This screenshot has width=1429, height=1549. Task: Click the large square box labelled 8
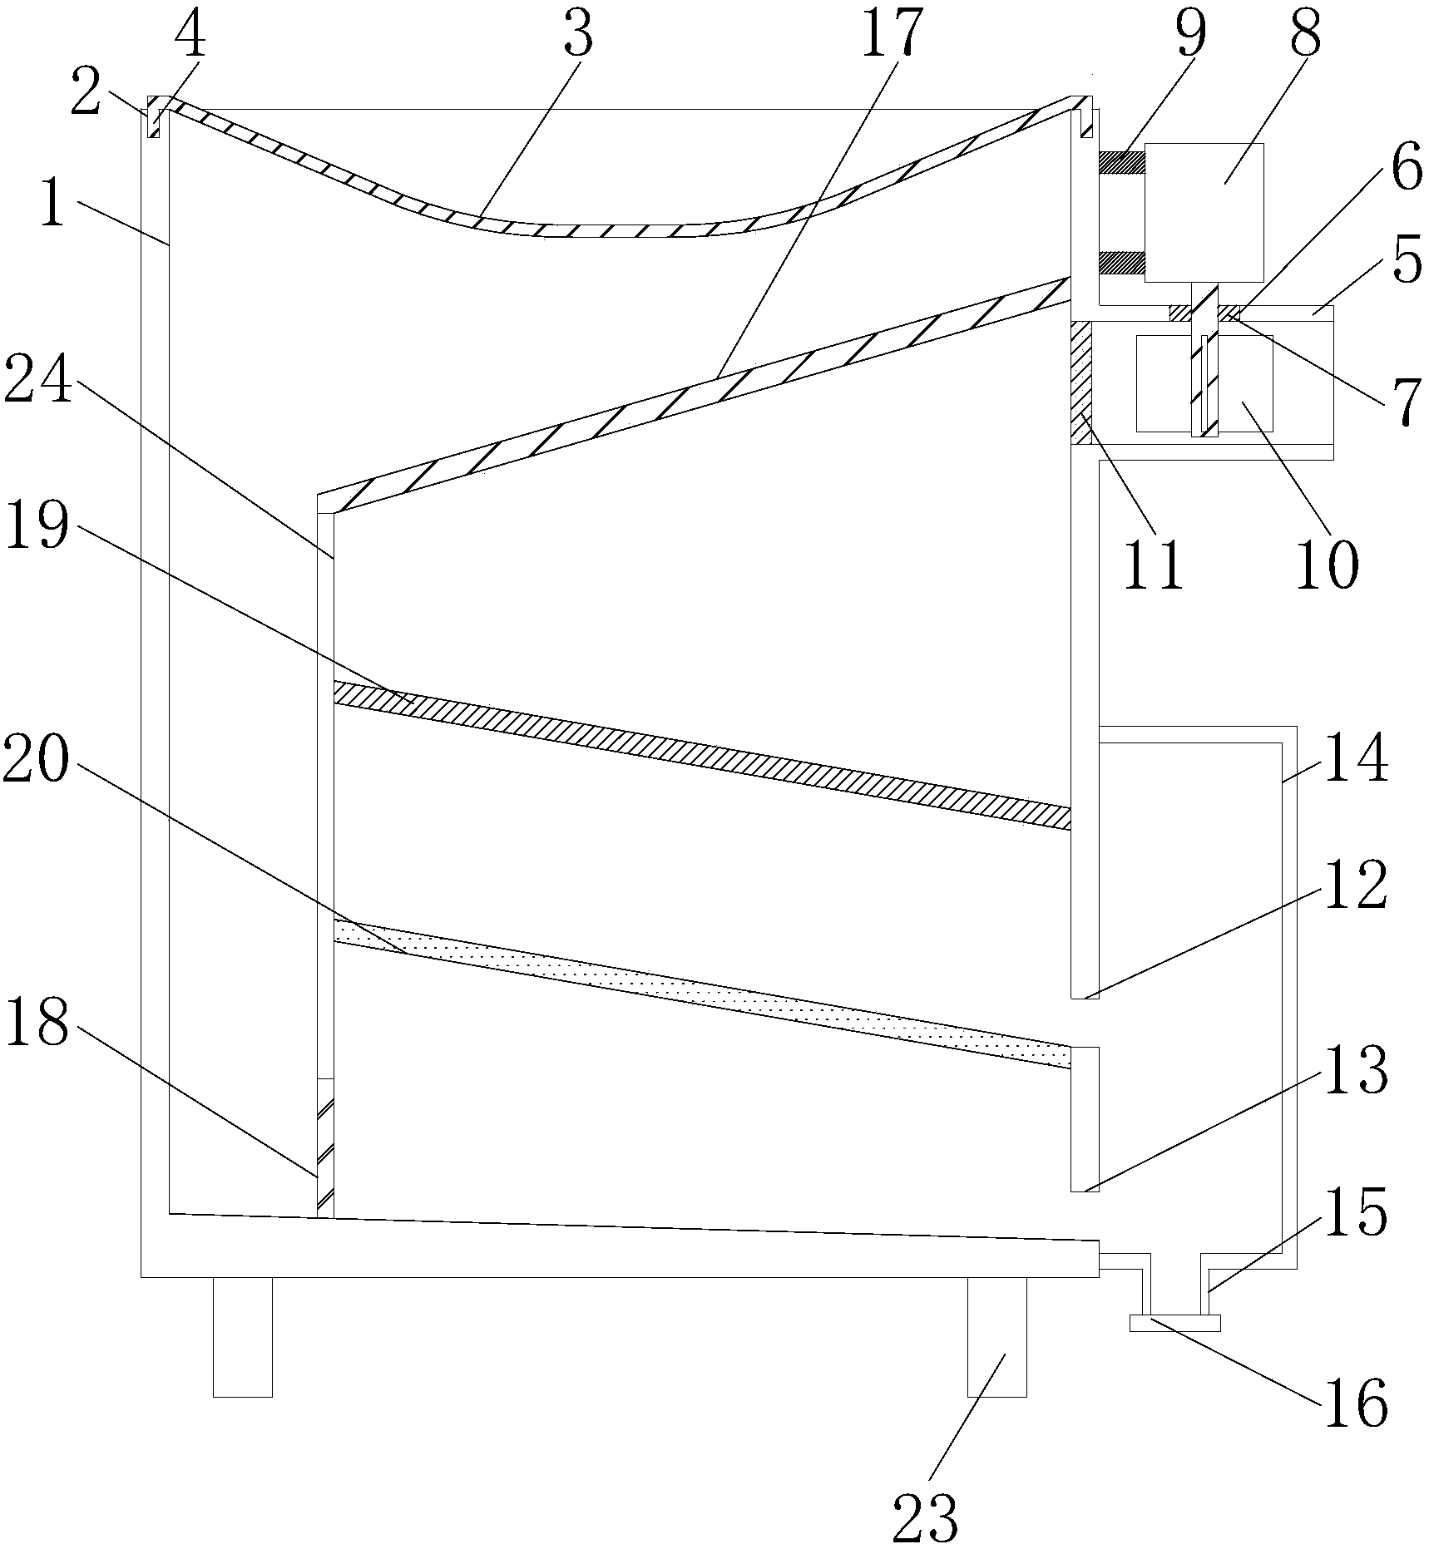1204,211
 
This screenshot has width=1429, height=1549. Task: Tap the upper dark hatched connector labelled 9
1121,162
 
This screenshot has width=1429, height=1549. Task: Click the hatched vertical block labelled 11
1080,382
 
